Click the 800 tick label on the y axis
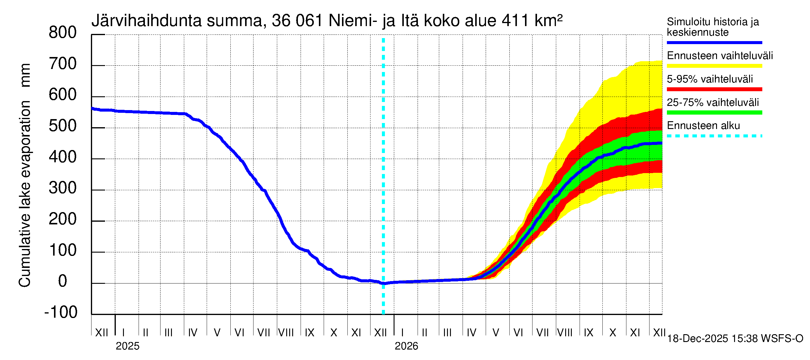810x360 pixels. click(63, 33)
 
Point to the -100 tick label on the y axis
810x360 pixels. click(61, 312)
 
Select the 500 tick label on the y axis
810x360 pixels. click(63, 126)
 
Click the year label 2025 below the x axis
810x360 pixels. click(127, 346)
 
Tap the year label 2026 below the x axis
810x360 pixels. click(406, 346)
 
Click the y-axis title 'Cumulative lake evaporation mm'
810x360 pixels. click(25, 175)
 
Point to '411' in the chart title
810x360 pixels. click(515, 21)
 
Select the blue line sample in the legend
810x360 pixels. click(714, 42)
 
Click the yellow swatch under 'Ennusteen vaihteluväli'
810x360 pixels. click(714, 66)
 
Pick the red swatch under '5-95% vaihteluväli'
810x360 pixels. click(714, 89)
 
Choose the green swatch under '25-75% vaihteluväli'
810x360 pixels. click(714, 112)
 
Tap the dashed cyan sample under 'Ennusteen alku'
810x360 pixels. click(714, 136)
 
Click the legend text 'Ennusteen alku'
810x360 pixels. click(703, 126)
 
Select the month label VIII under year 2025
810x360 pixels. click(286, 332)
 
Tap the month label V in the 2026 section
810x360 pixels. click(496, 332)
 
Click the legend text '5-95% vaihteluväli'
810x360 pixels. click(710, 79)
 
